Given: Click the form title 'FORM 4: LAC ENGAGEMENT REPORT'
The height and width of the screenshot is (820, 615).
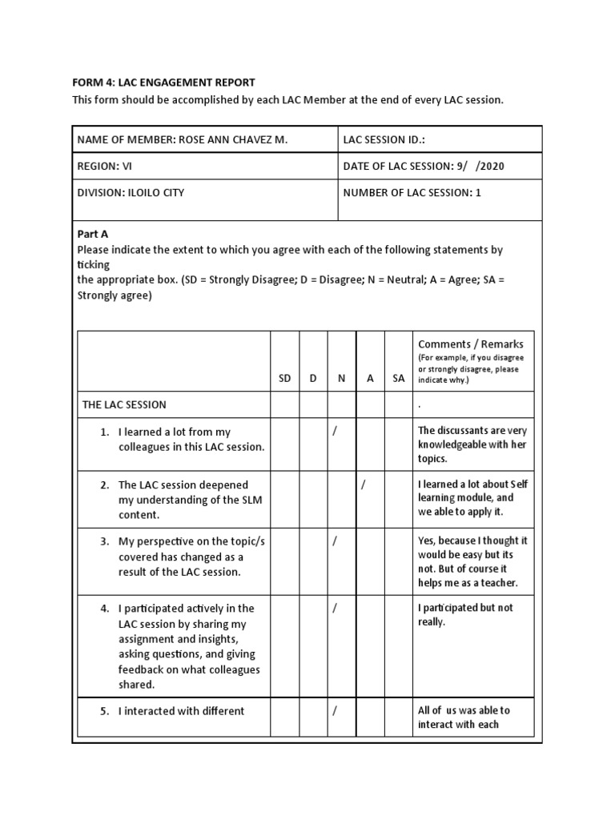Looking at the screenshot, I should pyautogui.click(x=163, y=82).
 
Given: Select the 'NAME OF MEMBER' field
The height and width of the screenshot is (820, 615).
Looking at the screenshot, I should pyautogui.click(x=182, y=139).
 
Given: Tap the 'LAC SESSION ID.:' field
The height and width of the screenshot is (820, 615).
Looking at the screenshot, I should pyautogui.click(x=384, y=139).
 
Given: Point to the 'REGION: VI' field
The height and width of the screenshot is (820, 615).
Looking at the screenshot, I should pyautogui.click(x=105, y=166).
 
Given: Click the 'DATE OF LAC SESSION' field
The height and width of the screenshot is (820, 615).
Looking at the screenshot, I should pyautogui.click(x=424, y=166).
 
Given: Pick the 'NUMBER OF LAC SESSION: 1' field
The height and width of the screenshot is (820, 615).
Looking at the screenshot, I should pyautogui.click(x=412, y=192).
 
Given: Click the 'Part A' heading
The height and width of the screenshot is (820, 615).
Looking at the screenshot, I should pyautogui.click(x=92, y=234).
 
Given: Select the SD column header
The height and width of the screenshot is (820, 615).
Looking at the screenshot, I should pyautogui.click(x=284, y=378).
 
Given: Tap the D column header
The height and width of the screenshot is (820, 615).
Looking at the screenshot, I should pyautogui.click(x=313, y=378).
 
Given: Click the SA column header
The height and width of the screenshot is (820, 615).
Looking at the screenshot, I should pyautogui.click(x=399, y=378).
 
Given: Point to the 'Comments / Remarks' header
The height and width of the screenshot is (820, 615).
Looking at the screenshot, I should pyautogui.click(x=471, y=344).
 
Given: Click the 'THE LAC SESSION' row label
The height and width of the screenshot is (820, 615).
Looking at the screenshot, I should pyautogui.click(x=124, y=404).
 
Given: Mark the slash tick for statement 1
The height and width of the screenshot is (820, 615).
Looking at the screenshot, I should pyautogui.click(x=335, y=432).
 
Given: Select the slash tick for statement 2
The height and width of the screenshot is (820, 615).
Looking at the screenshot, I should pyautogui.click(x=364, y=484).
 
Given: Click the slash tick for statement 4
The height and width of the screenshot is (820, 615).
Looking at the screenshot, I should pyautogui.click(x=335, y=608).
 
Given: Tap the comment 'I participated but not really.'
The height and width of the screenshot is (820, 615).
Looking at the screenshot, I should pyautogui.click(x=465, y=614).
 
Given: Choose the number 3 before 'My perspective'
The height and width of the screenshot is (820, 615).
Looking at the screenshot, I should pyautogui.click(x=104, y=541).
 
